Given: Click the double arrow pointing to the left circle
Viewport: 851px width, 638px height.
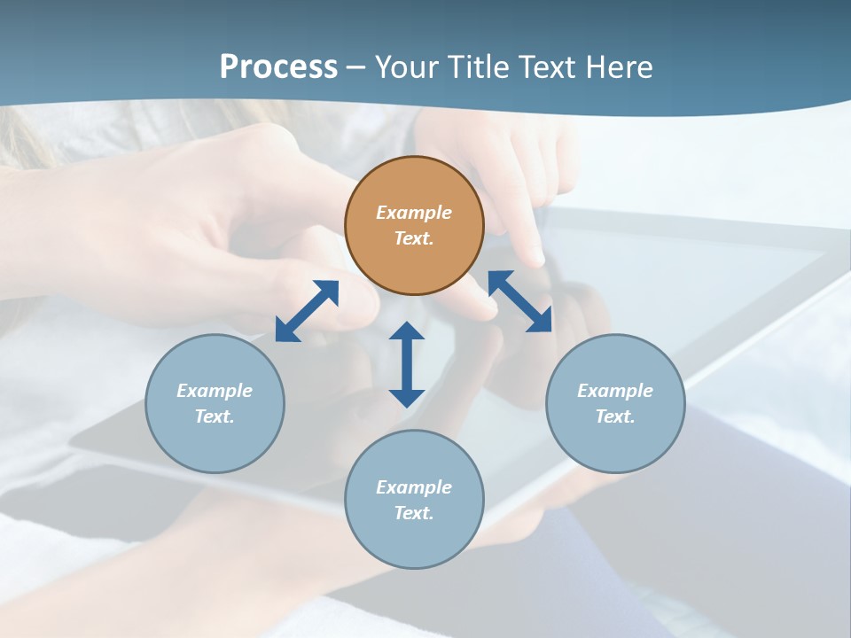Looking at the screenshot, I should click(307, 311).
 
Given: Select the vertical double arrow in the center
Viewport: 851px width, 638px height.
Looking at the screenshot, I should click(407, 364).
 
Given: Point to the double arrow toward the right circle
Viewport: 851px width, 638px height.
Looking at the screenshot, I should click(520, 302).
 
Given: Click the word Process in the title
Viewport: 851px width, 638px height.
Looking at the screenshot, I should click(278, 66).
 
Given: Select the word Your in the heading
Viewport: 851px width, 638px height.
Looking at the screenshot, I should click(407, 66).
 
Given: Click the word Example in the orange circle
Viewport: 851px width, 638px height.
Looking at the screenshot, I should click(414, 213).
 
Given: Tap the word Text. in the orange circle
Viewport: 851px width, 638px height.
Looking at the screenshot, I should click(414, 238).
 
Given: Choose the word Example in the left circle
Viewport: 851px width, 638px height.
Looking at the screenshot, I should click(215, 391).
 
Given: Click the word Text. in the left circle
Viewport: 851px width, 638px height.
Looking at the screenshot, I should click(215, 416).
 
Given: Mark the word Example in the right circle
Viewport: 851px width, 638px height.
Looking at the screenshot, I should click(615, 391).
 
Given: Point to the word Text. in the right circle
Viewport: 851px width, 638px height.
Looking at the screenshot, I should click(615, 416).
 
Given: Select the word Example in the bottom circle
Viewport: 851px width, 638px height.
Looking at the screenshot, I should click(414, 487).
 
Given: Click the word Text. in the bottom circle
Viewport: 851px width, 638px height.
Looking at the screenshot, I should click(414, 513).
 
